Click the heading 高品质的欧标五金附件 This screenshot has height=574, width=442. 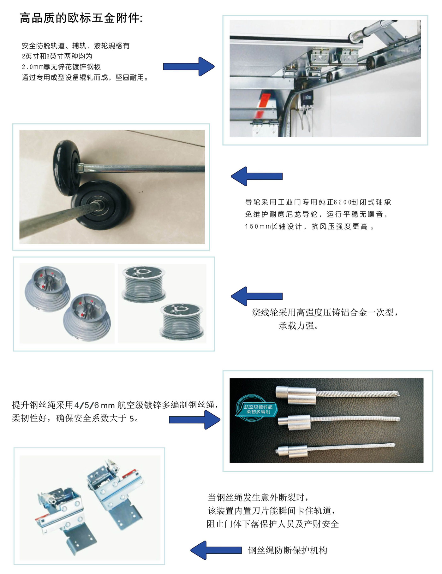point(81,18)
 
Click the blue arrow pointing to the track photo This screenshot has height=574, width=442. point(188,66)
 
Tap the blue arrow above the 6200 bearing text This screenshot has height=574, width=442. point(257,176)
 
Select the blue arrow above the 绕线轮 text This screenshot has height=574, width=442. point(257,296)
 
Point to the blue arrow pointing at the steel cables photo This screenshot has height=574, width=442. point(194,420)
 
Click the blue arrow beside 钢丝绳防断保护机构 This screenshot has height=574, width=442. point(216,550)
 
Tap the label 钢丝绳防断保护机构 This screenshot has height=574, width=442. point(288,550)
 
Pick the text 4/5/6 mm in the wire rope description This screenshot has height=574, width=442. point(94,405)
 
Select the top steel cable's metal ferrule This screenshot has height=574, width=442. point(296,395)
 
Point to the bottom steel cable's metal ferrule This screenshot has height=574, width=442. point(292,452)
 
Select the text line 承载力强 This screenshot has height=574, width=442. point(299,326)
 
